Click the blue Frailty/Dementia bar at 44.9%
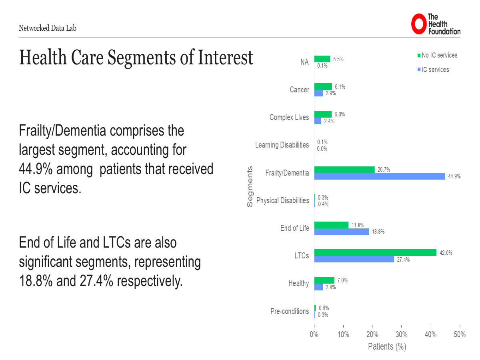[x=379, y=176]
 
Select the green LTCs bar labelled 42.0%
[x=375, y=253]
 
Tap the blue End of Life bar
[x=341, y=232]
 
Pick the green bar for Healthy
[x=324, y=280]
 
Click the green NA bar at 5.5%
[x=322, y=59]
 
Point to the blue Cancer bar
[x=318, y=93]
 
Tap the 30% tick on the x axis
[x=402, y=335]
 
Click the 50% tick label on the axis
[x=460, y=335]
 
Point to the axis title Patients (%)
[x=387, y=346]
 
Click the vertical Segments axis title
[x=250, y=186]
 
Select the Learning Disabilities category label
[x=282, y=145]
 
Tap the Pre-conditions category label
[x=290, y=311]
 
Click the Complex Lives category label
[x=289, y=117]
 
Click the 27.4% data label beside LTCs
[x=403, y=260]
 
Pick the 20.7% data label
[x=383, y=170]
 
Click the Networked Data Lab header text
[x=47, y=28]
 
